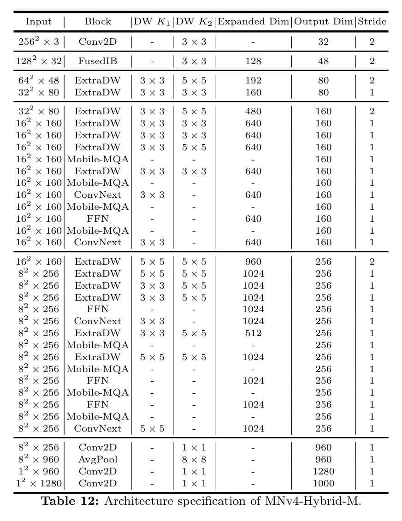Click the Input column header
pyautogui.click(x=39, y=22)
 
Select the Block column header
pyautogui.click(x=98, y=22)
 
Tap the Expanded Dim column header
pyautogui.click(x=254, y=22)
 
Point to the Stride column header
pyautogui.click(x=372, y=22)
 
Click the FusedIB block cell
pyautogui.click(x=98, y=61)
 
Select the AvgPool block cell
pyautogui.click(x=98, y=459)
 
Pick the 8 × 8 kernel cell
pyautogui.click(x=194, y=459)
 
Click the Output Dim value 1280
pyautogui.click(x=323, y=471)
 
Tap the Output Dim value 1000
pyautogui.click(x=323, y=483)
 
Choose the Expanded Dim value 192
pyautogui.click(x=253, y=80)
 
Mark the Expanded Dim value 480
pyautogui.click(x=253, y=111)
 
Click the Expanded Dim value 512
pyautogui.click(x=253, y=333)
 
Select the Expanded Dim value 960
pyautogui.click(x=253, y=261)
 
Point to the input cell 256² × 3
pyautogui.click(x=39, y=41)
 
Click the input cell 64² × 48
pyautogui.click(x=39, y=80)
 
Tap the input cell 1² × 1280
pyautogui.click(x=39, y=483)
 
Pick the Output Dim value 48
pyautogui.click(x=323, y=61)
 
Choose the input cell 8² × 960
pyautogui.click(x=39, y=459)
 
